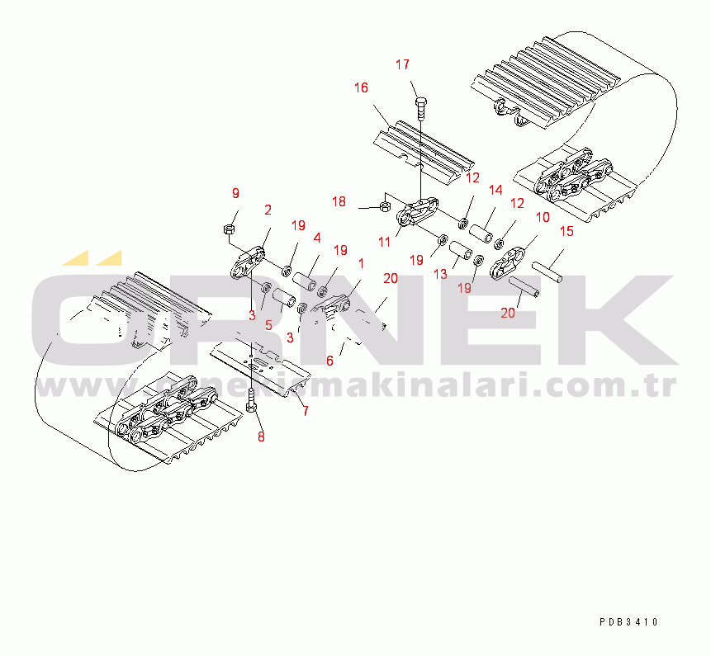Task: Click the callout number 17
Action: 402,65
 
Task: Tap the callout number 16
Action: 361,88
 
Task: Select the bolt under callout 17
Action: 421,108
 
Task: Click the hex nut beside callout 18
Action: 385,207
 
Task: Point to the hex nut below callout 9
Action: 229,229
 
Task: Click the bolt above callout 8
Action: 252,400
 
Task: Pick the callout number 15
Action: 566,232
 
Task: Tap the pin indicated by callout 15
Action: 547,271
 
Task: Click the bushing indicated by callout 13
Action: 460,252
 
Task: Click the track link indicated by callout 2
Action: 248,264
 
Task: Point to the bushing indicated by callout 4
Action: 305,281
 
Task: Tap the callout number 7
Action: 306,411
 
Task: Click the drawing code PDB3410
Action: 628,622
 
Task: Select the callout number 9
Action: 235,193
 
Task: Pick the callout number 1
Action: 361,264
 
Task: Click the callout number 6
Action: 329,361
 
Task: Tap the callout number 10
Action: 543,218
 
